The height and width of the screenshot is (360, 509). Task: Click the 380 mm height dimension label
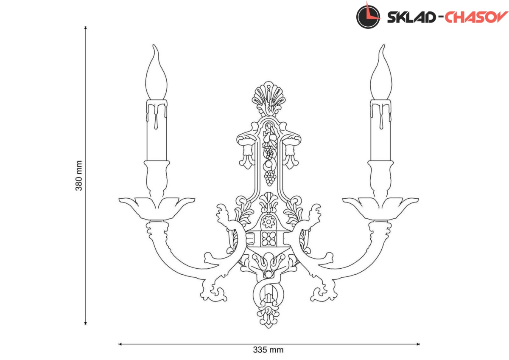point(79,176)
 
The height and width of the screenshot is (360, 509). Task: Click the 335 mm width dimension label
point(268,350)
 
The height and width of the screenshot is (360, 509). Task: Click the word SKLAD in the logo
point(411,17)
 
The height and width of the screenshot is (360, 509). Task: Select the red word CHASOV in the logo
point(476,17)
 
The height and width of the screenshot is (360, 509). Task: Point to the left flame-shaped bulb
point(156,72)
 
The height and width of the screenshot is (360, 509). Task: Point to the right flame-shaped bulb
point(381,72)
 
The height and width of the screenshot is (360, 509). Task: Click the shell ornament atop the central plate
point(268,96)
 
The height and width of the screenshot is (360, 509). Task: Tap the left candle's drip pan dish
point(157,208)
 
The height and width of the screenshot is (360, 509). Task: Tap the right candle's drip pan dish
point(380,208)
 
